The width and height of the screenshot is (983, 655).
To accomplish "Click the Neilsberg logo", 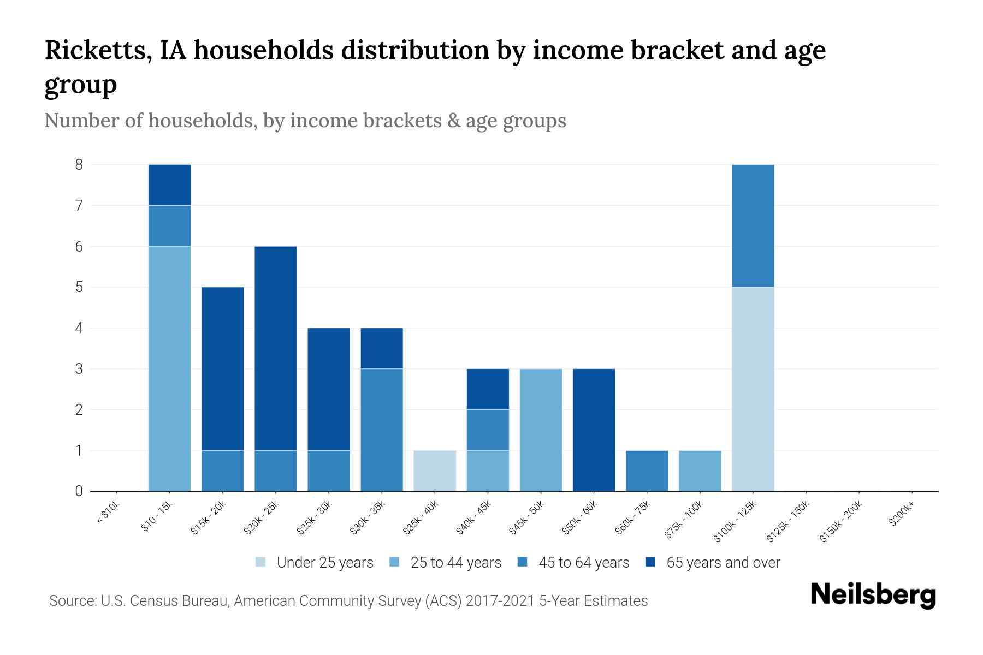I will (873, 595).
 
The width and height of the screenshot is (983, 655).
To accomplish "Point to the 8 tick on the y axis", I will (79, 164).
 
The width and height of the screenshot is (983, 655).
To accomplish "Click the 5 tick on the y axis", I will (79, 287).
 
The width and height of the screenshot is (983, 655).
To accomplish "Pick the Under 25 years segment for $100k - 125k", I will (753, 389).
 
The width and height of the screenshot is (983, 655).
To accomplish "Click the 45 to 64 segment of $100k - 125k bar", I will (753, 225).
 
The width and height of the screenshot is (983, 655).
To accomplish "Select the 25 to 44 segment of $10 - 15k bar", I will (170, 368).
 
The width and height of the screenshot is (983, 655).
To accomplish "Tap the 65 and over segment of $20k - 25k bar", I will (276, 348).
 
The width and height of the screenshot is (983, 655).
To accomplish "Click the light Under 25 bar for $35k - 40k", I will (435, 471).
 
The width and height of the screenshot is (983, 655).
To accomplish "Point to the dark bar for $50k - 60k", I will (594, 430).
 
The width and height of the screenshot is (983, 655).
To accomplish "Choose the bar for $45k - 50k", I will (541, 430).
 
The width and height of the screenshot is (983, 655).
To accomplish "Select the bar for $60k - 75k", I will (647, 471).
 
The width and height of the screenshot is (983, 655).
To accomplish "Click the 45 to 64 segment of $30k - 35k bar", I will (382, 430).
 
